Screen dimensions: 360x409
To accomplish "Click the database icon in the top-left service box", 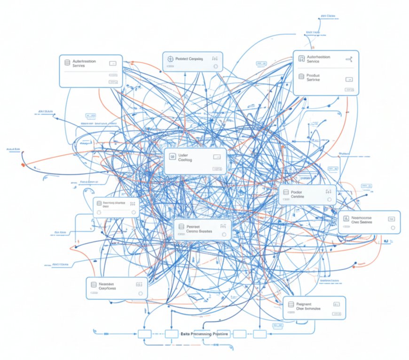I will point(68,63).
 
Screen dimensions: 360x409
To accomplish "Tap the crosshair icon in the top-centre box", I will point(171,59).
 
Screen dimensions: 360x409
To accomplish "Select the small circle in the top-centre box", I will point(216,67).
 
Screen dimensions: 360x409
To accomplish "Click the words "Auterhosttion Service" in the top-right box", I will point(318,59).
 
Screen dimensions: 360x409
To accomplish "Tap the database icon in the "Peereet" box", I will point(180,227).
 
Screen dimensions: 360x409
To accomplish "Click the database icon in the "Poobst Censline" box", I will point(286,192).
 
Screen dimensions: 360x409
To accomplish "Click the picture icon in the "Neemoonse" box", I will point(346,218).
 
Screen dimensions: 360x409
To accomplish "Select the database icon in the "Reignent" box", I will point(291,305).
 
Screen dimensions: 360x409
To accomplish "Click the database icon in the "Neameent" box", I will point(94,284).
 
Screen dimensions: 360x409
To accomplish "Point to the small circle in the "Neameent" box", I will point(140,293).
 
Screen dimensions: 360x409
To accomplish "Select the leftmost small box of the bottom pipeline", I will point(144,334).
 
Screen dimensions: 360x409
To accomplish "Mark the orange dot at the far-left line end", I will point(22,165).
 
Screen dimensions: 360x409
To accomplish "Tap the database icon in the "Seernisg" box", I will point(99,203).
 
